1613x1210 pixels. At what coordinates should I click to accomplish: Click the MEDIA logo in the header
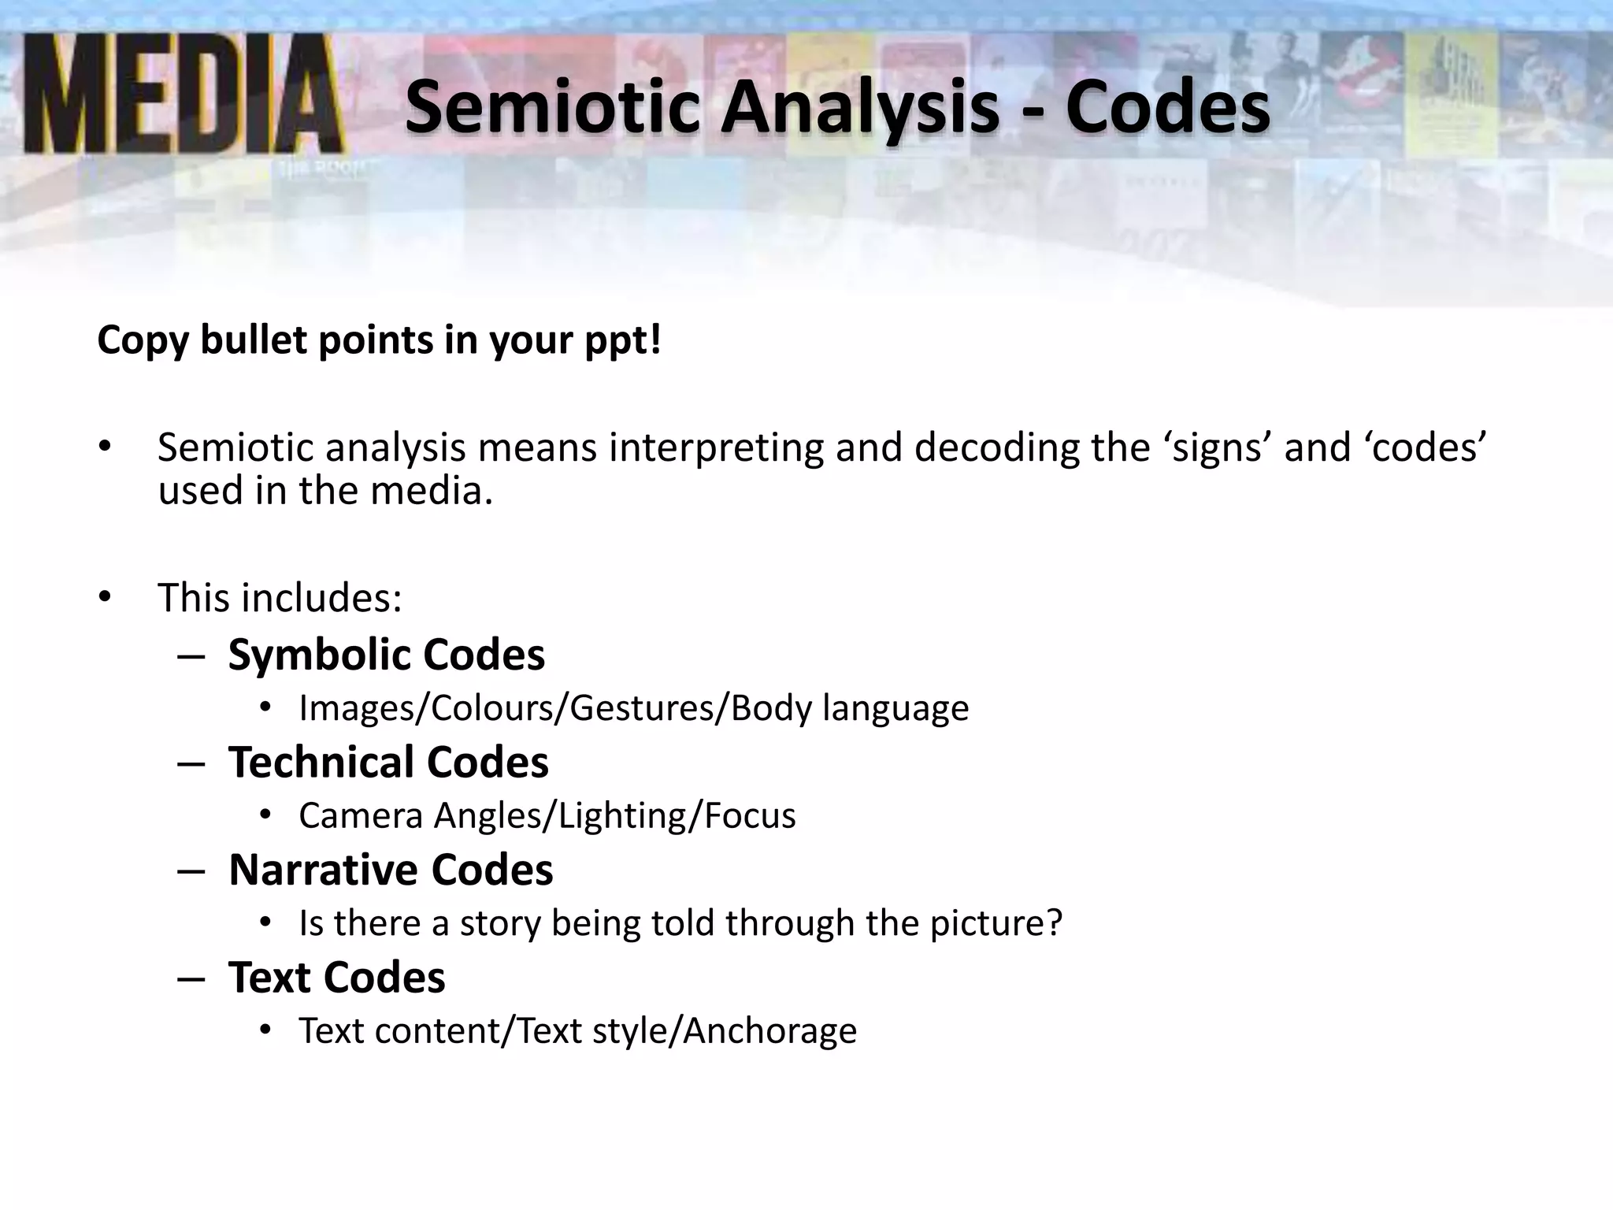coord(183,95)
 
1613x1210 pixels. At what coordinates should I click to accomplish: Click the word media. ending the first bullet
coord(432,491)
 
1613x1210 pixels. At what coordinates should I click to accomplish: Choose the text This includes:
coord(280,597)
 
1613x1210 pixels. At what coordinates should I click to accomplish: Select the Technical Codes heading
coord(388,762)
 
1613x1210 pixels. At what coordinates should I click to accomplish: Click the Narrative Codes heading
coord(391,870)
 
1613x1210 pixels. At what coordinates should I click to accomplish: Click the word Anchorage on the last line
coord(769,1030)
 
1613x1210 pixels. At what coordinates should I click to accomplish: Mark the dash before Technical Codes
coord(191,763)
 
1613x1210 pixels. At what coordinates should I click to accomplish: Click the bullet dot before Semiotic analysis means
coord(106,447)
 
